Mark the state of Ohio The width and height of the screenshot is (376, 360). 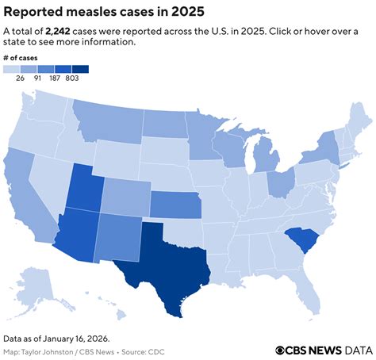279,183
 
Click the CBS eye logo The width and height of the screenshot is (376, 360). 282,350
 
